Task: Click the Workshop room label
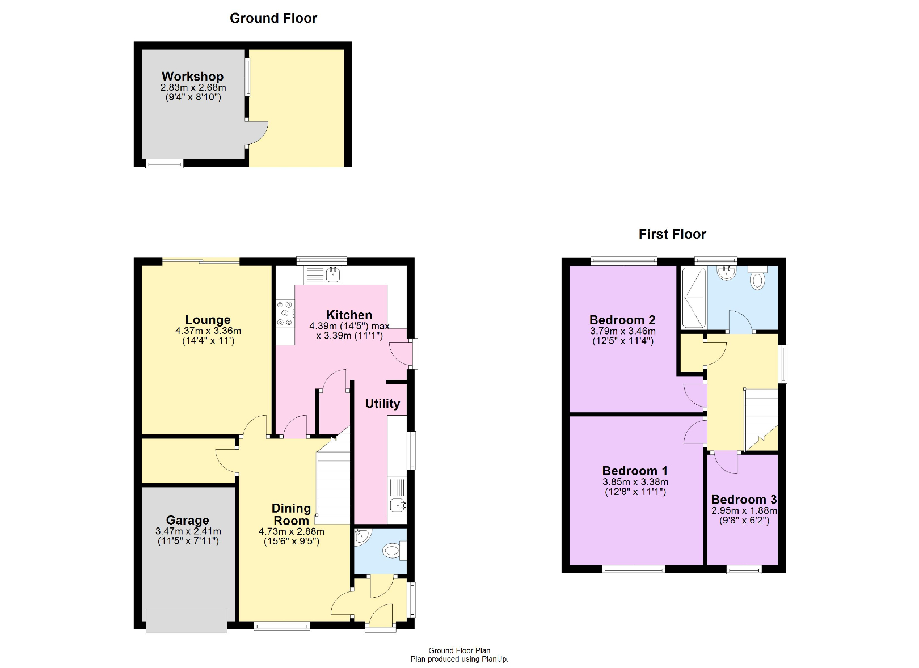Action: [192, 77]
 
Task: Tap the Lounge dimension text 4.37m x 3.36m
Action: [208, 331]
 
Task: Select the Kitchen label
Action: [349, 315]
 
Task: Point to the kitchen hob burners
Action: [285, 314]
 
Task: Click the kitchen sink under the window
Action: [323, 275]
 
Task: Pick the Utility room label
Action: [382, 404]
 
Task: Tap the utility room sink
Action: [397, 496]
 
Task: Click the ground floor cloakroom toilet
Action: [394, 551]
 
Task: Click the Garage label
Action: [188, 520]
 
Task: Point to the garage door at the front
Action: [187, 622]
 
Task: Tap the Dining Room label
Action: [291, 514]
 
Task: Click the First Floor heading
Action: [672, 234]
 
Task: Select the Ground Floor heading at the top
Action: [273, 18]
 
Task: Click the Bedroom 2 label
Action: [622, 319]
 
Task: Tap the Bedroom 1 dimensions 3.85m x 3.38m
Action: [635, 482]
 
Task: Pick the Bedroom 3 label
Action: [744, 500]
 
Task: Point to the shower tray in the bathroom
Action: [693, 298]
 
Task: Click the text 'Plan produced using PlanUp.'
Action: [459, 659]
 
